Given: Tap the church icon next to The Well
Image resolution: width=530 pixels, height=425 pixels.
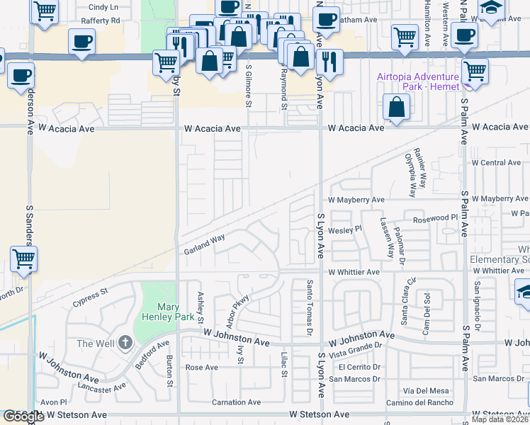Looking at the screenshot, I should (125, 344).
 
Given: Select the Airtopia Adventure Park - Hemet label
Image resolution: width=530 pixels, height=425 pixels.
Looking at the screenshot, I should (417, 81).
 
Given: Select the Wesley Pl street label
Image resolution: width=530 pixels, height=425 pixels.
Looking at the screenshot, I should (346, 229).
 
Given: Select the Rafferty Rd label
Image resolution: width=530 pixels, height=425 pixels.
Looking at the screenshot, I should (100, 21).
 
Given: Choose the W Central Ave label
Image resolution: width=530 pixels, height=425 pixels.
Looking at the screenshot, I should (500, 162).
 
